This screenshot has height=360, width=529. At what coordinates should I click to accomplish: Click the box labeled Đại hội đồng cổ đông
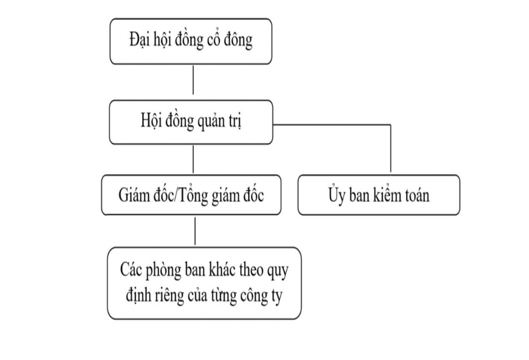[191, 41]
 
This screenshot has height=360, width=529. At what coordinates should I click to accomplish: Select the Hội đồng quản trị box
[191, 122]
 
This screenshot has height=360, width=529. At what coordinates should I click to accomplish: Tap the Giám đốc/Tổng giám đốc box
[191, 195]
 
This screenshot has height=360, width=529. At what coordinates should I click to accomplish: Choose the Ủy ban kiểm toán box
[379, 195]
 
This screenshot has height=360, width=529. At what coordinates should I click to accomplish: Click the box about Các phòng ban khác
[204, 284]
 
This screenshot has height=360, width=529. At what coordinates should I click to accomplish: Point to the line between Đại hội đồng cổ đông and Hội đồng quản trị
[193, 80]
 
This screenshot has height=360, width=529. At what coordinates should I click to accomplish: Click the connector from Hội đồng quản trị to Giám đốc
[193, 159]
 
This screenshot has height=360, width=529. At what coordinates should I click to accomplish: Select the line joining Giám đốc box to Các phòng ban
[195, 231]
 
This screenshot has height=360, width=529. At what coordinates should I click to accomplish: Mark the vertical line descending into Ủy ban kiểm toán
[391, 149]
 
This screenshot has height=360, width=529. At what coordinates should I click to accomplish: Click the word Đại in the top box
[140, 40]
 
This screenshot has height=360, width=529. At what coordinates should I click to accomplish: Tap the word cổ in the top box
[212, 39]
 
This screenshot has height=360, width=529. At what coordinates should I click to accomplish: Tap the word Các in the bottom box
[131, 269]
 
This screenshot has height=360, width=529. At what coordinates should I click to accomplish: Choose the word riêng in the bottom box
[169, 296]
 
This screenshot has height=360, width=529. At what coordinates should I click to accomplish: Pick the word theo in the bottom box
[251, 269]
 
